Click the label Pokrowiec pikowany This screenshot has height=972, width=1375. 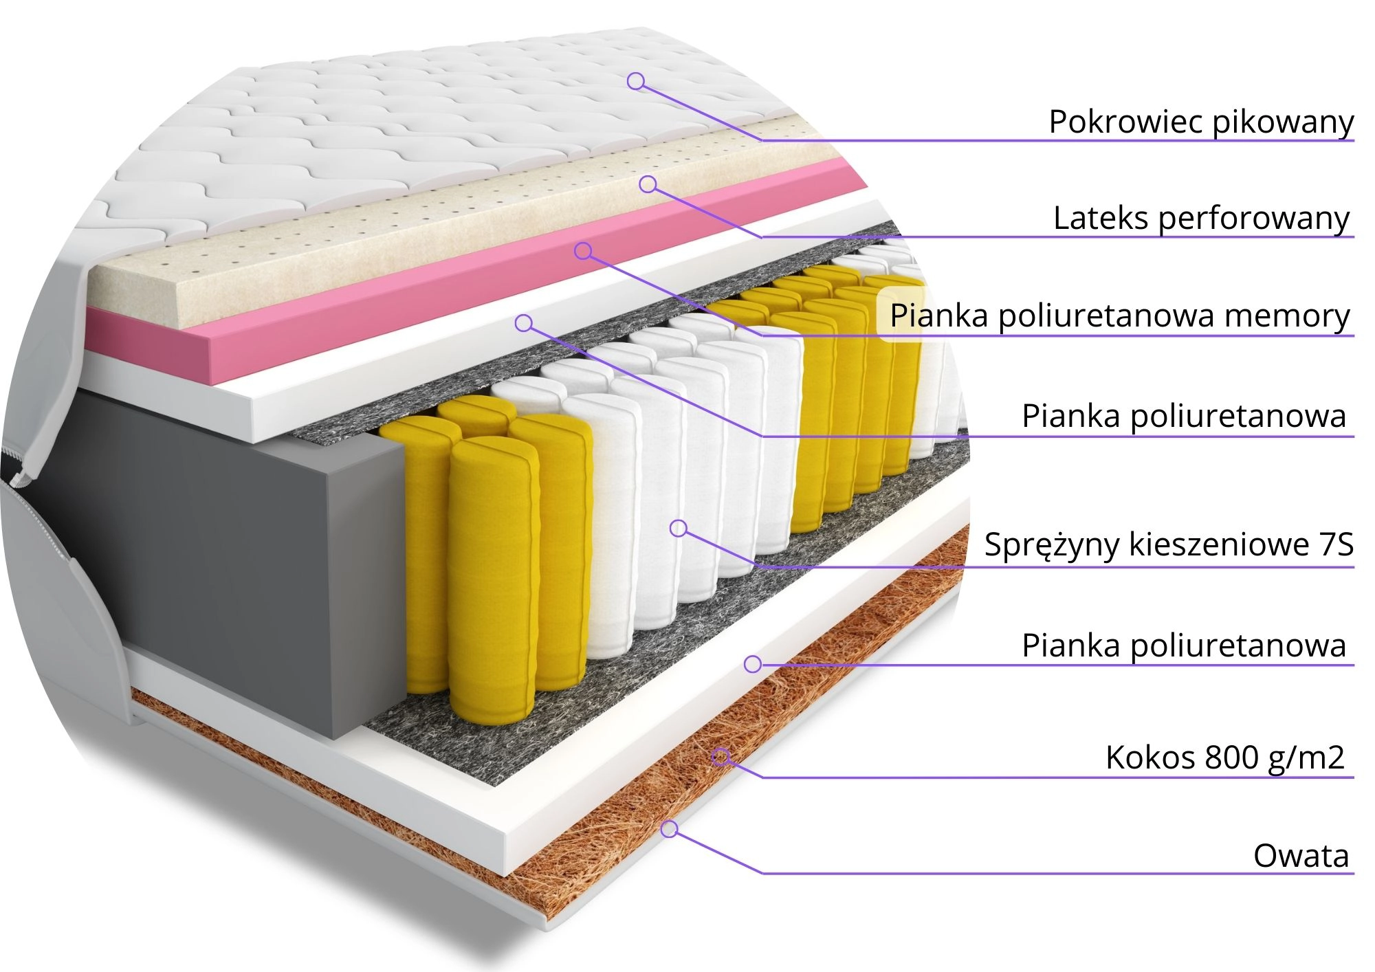click(x=1200, y=122)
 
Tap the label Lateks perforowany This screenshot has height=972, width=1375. click(x=1201, y=219)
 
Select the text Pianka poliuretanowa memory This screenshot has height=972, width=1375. click(x=1119, y=316)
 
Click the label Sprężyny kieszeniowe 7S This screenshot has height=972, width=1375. click(x=1168, y=544)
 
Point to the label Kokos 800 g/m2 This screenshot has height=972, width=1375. click(x=1224, y=758)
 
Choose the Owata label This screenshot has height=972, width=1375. click(x=1301, y=857)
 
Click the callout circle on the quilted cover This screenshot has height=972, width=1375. click(x=636, y=81)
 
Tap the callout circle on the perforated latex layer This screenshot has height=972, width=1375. click(x=648, y=184)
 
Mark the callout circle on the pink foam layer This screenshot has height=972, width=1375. click(x=583, y=251)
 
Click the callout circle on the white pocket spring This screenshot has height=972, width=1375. click(x=679, y=528)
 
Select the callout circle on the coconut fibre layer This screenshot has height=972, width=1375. click(x=720, y=757)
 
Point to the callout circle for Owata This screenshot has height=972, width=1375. click(x=670, y=829)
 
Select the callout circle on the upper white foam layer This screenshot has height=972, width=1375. click(x=524, y=322)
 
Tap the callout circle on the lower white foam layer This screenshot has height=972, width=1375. click(x=753, y=664)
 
